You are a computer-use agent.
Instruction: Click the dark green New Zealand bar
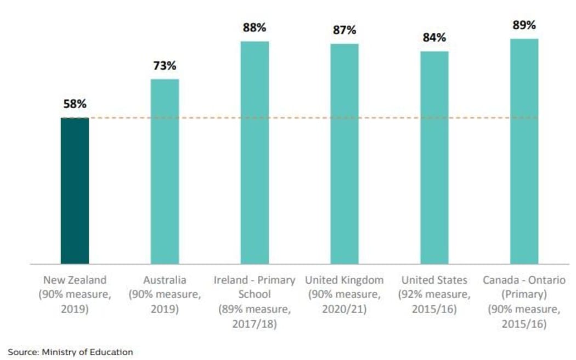point(75,190)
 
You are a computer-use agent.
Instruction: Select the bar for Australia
point(165,171)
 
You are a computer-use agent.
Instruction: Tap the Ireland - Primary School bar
point(255,153)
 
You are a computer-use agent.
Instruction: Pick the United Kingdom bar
point(345,154)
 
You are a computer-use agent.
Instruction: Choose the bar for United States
point(434,157)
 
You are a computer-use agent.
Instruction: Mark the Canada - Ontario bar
point(524,151)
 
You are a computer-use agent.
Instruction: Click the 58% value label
point(74,104)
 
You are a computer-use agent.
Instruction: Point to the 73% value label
point(165,66)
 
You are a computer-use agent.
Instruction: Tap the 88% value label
point(255,27)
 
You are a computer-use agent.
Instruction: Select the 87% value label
point(345,30)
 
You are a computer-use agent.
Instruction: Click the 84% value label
point(434,38)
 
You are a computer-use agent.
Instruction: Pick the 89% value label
point(524,25)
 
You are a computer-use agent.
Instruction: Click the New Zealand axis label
point(75,280)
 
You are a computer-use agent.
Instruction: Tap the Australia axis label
point(165,280)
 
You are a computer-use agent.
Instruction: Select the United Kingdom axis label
point(345,280)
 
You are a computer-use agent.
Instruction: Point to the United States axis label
point(434,280)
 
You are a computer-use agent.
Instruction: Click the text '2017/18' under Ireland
point(255,324)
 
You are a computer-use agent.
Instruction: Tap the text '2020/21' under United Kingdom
point(345,309)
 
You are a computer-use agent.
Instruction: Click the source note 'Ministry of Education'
point(87,352)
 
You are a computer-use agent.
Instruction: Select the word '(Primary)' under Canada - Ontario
point(524,295)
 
